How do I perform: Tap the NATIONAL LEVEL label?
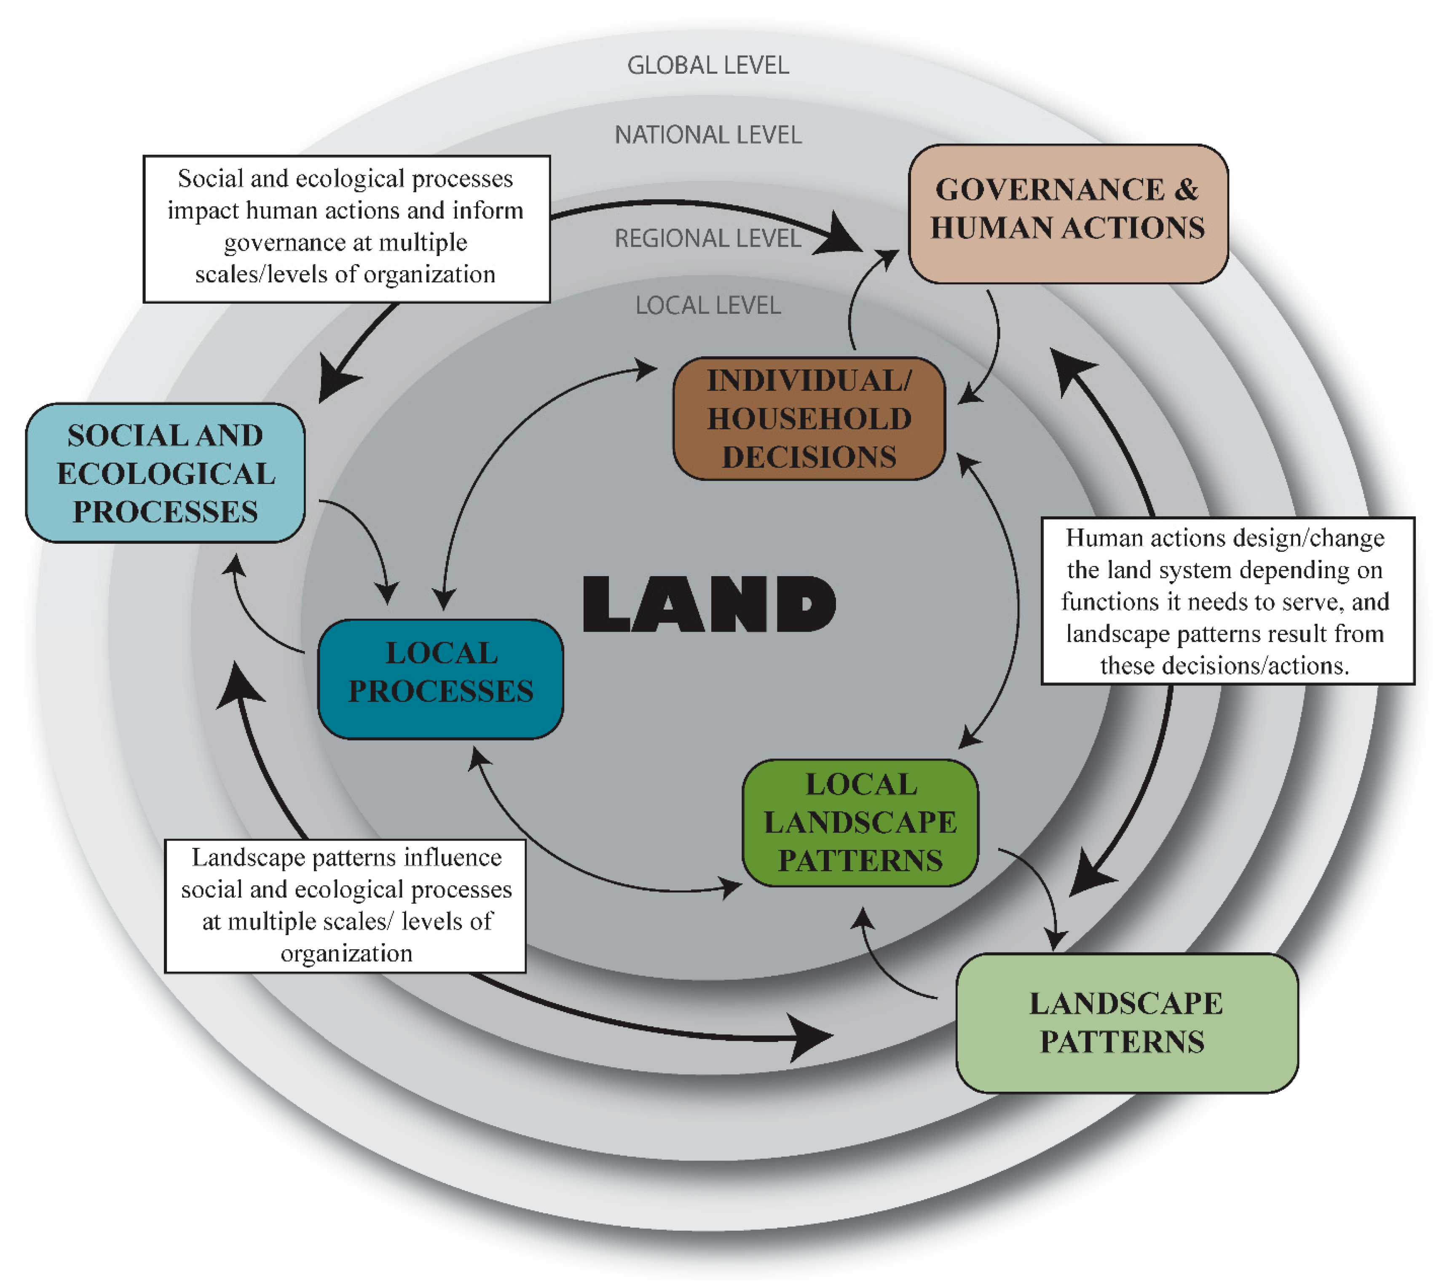click(708, 135)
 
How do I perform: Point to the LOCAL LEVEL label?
click(708, 305)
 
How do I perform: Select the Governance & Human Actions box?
click(1067, 214)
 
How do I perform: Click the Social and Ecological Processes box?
click(165, 473)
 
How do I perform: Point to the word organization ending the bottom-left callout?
click(346, 953)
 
